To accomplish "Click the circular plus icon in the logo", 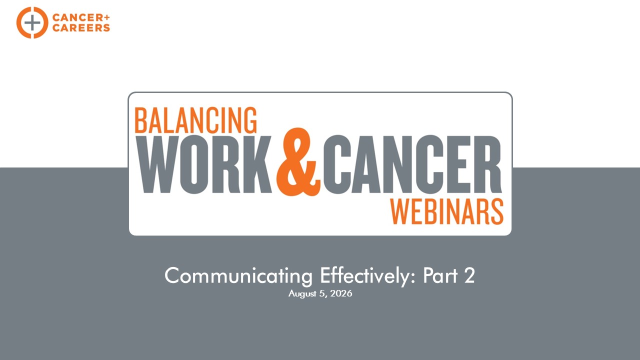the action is [32, 22].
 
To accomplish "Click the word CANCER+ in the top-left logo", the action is [81, 17].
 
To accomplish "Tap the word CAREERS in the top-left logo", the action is [81, 27].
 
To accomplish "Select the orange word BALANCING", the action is [195, 120].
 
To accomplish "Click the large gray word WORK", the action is [204, 164].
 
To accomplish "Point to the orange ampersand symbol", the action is [298, 161].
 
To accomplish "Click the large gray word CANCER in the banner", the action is [412, 164].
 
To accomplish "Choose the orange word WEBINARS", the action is [447, 211].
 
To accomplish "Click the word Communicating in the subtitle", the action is [238, 276].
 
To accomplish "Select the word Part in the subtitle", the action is [440, 275].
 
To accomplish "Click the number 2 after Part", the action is [469, 275].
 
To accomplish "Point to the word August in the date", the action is [302, 294].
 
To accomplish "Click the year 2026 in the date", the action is [341, 293].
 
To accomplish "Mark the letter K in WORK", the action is [257, 164].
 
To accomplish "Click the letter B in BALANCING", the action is [140, 120].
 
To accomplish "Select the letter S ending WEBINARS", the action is [497, 211].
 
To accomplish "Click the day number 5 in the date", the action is [322, 293].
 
